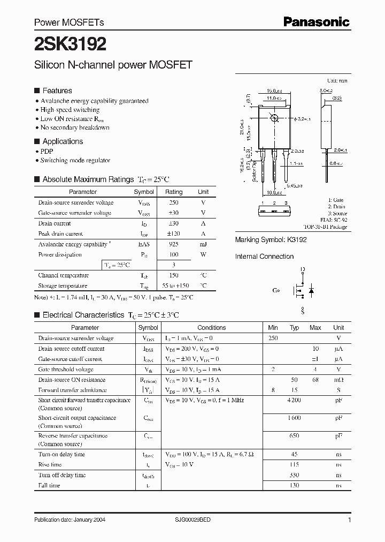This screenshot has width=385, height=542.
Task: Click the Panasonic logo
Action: pyautogui.click(x=316, y=22)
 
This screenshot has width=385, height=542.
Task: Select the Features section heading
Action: pyautogui.click(x=57, y=91)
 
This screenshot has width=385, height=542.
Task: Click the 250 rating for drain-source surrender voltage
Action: pyautogui.click(x=173, y=202)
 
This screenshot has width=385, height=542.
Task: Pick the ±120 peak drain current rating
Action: pyautogui.click(x=173, y=234)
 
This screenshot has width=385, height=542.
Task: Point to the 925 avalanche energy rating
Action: pyautogui.click(x=173, y=244)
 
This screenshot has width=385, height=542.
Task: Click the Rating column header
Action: pyautogui.click(x=173, y=192)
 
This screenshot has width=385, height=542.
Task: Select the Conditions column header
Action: pyautogui.click(x=212, y=328)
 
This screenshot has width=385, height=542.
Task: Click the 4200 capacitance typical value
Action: pyautogui.click(x=294, y=401)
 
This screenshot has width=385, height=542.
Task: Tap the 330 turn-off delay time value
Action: pyautogui.click(x=294, y=475)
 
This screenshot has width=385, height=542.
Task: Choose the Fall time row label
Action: pyautogui.click(x=49, y=485)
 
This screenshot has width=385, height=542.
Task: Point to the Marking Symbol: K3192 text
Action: pyautogui.click(x=271, y=240)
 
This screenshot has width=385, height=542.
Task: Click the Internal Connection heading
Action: pyautogui.click(x=264, y=257)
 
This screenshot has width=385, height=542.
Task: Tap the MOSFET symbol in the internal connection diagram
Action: pyautogui.click(x=302, y=291)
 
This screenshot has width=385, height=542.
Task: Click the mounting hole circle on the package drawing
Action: pyautogui.click(x=274, y=118)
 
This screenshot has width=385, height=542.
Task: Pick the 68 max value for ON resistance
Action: pyautogui.click(x=315, y=380)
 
